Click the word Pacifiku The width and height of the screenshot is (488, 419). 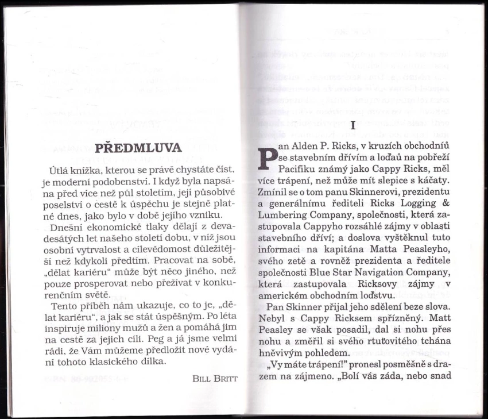click(297, 170)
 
